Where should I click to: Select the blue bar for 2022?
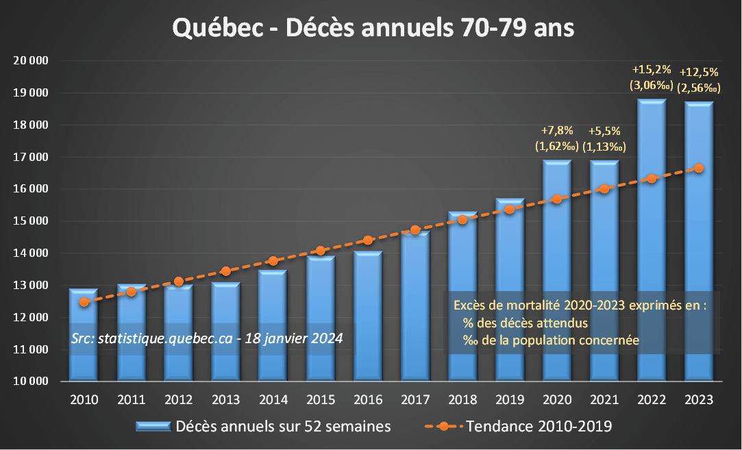coord(652,240)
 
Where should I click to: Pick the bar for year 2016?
coord(368,315)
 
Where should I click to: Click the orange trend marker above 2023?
coord(699,168)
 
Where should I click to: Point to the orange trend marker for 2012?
coord(179,282)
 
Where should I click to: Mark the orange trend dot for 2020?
coord(557,199)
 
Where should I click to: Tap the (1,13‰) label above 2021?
coord(604,146)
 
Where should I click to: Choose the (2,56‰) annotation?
coord(699,87)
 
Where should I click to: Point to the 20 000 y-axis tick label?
coord(32,61)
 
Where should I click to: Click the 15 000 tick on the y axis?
coord(32,221)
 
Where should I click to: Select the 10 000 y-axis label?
coord(32,382)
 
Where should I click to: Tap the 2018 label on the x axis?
coord(462,400)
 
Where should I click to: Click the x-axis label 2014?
coord(273,400)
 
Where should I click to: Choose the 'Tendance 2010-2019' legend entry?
coord(539,427)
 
